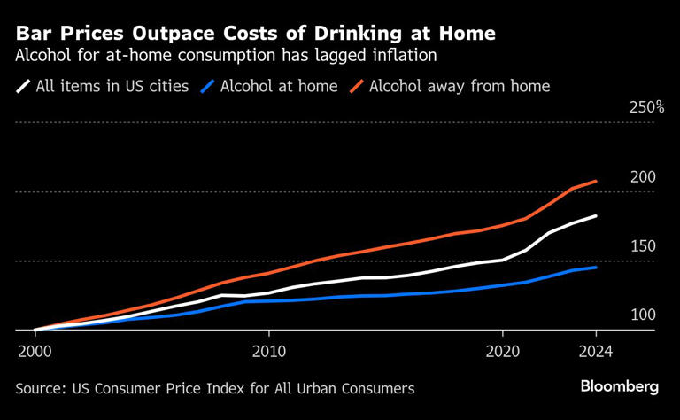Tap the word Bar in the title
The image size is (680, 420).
pos(32,34)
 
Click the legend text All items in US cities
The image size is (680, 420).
pos(112,86)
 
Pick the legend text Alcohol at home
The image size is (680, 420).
pos(279,86)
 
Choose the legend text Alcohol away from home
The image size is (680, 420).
pos(460,86)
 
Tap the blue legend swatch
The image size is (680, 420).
pos(208,87)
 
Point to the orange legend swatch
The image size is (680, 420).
pos(357,87)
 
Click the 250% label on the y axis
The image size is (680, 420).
pos(646,107)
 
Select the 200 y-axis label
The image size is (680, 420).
pos(642,177)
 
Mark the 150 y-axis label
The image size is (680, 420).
pos(642,246)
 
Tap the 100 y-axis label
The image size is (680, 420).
pos(642,315)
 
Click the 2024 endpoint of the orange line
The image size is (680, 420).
pos(596,181)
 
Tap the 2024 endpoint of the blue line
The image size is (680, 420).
pos(596,267)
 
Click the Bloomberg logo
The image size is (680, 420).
pos(619,386)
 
